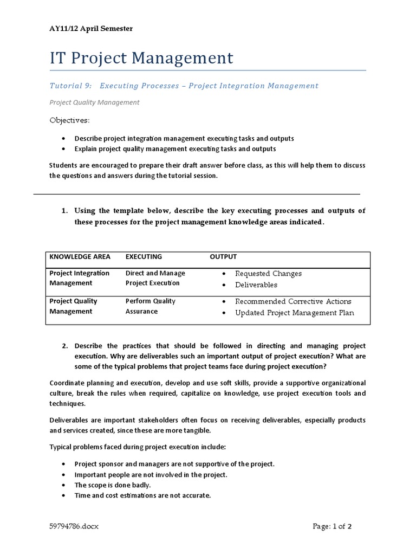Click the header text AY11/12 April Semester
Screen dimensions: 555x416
point(90,28)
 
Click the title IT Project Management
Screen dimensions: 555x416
point(141,57)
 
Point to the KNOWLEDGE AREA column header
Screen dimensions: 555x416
point(80,257)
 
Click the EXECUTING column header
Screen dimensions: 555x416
point(144,257)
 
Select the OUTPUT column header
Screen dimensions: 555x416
point(223,257)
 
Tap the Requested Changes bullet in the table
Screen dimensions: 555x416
point(268,274)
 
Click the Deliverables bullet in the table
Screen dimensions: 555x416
point(256,285)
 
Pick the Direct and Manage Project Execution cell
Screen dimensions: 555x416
point(155,278)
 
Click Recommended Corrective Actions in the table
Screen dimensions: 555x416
point(293,301)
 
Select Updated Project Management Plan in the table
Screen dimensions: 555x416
point(294,313)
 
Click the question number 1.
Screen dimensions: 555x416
point(63,211)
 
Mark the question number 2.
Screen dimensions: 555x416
point(63,346)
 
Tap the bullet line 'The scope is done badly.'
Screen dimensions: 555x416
point(113,485)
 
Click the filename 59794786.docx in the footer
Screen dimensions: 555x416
point(74,526)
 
